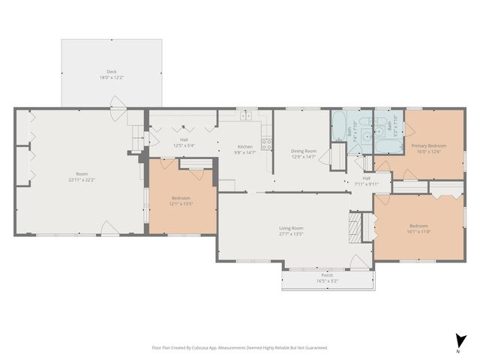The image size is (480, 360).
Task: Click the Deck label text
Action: pyautogui.click(x=110, y=73)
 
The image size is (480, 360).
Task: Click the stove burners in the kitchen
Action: pyautogui.click(x=265, y=143)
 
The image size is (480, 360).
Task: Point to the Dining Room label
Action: pyautogui.click(x=304, y=151)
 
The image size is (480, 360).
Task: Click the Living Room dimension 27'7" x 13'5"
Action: pyautogui.click(x=292, y=233)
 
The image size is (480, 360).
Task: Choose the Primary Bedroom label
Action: pyautogui.click(x=428, y=145)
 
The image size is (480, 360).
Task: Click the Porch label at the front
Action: pyautogui.click(x=327, y=275)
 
